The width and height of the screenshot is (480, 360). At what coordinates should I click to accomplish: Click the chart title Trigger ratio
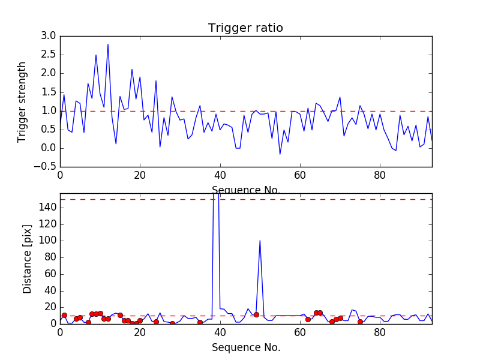point(245,28)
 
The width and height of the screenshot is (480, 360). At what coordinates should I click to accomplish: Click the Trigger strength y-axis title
point(22,101)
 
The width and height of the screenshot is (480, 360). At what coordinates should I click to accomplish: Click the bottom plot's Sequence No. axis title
point(245,347)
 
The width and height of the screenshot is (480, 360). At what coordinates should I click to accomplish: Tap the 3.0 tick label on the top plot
point(49,36)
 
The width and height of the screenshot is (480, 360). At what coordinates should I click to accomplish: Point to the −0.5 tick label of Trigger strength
point(46,167)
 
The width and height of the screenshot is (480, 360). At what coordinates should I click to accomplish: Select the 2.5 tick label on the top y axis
point(49,55)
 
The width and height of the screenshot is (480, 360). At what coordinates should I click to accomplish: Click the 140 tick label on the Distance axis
point(46,208)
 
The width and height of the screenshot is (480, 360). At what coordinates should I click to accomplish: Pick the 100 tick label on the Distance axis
point(46,241)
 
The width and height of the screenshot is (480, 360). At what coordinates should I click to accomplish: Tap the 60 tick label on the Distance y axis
point(49,274)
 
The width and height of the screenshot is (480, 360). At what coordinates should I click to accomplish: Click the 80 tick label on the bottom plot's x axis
point(380,334)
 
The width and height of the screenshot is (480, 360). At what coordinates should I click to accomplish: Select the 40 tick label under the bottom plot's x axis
point(220,334)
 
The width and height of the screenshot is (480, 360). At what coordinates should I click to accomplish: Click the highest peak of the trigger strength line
point(108,44)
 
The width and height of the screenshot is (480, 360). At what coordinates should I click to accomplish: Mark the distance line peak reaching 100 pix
point(260,241)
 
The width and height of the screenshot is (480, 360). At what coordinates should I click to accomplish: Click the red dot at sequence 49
point(256,314)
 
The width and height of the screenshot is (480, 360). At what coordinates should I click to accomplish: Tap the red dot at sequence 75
point(360,322)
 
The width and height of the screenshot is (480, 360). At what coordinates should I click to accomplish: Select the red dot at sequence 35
point(200,322)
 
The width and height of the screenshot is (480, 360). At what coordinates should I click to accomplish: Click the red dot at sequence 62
point(308,319)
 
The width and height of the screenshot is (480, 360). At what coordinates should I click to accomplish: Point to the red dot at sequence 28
point(172,323)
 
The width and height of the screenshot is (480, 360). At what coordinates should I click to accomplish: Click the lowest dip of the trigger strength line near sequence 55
point(280,154)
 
